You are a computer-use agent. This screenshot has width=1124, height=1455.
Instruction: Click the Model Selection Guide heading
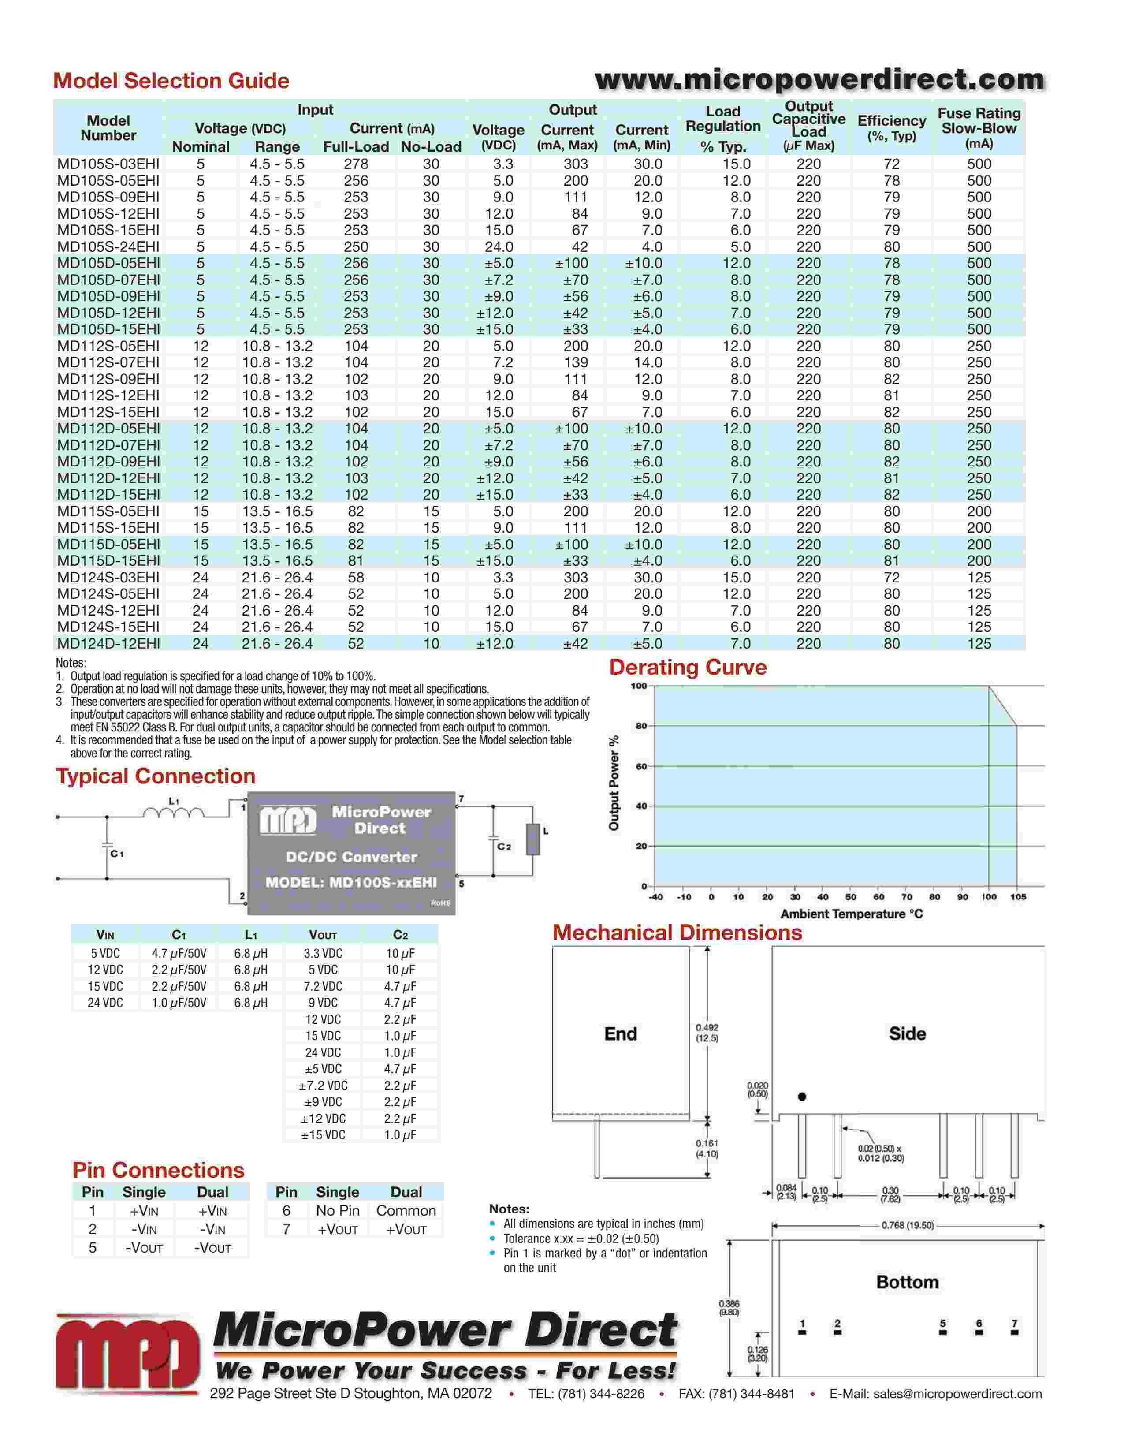tap(171, 81)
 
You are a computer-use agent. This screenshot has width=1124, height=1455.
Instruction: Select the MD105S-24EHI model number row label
tap(108, 246)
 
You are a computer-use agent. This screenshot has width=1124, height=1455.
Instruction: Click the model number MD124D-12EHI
tap(108, 644)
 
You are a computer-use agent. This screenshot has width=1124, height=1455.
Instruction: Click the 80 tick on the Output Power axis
tap(640, 726)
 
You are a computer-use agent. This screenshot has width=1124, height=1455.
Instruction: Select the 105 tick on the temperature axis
tap(1017, 897)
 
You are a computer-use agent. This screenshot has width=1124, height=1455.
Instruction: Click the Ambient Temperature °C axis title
tap(851, 914)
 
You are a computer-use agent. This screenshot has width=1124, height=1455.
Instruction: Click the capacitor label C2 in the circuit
tap(504, 846)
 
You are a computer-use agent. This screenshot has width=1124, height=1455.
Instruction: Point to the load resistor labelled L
tap(533, 839)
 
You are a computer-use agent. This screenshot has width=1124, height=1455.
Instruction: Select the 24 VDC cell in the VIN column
tap(105, 1003)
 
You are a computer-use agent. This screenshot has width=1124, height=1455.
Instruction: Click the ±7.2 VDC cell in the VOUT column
tap(323, 1085)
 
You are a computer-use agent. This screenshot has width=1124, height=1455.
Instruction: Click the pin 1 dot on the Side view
tap(802, 1097)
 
